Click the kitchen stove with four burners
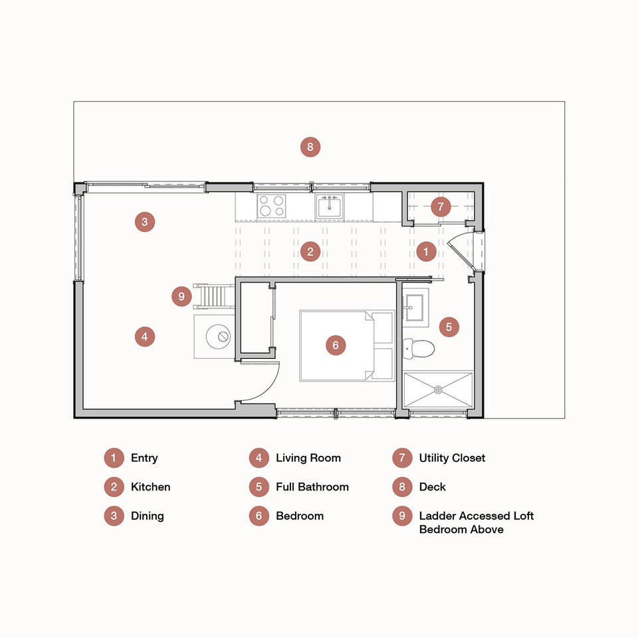(271, 205)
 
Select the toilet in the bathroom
(419, 349)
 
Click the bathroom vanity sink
(414, 307)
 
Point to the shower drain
(438, 390)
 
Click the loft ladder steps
(214, 296)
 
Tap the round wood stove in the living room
(219, 336)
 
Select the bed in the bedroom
(347, 346)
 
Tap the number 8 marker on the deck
(310, 147)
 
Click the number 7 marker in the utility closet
(441, 207)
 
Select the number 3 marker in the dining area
(145, 222)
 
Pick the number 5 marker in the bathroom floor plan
(449, 327)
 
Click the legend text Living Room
(308, 458)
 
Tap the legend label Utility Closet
(452, 458)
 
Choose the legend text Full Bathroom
(312, 486)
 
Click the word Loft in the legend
(523, 516)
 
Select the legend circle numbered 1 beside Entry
(114, 458)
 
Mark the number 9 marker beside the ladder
(181, 296)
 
